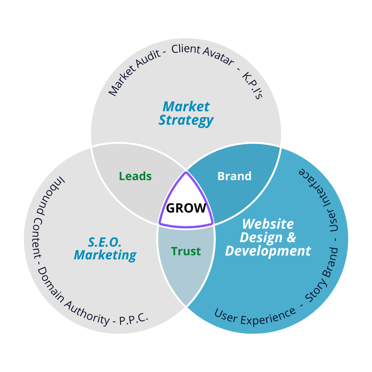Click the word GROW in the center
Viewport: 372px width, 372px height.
click(x=186, y=208)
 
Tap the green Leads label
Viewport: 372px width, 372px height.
click(x=135, y=176)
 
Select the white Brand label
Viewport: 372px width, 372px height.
click(x=235, y=176)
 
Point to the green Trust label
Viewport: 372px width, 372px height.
click(x=186, y=251)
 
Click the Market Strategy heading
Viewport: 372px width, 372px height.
click(x=186, y=114)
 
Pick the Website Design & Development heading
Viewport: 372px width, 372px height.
click(x=268, y=237)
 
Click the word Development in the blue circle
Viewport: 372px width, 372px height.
click(x=268, y=251)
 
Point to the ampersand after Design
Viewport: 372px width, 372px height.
click(x=291, y=237)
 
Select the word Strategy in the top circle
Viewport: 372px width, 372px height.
click(x=186, y=121)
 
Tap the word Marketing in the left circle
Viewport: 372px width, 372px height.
click(x=105, y=255)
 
